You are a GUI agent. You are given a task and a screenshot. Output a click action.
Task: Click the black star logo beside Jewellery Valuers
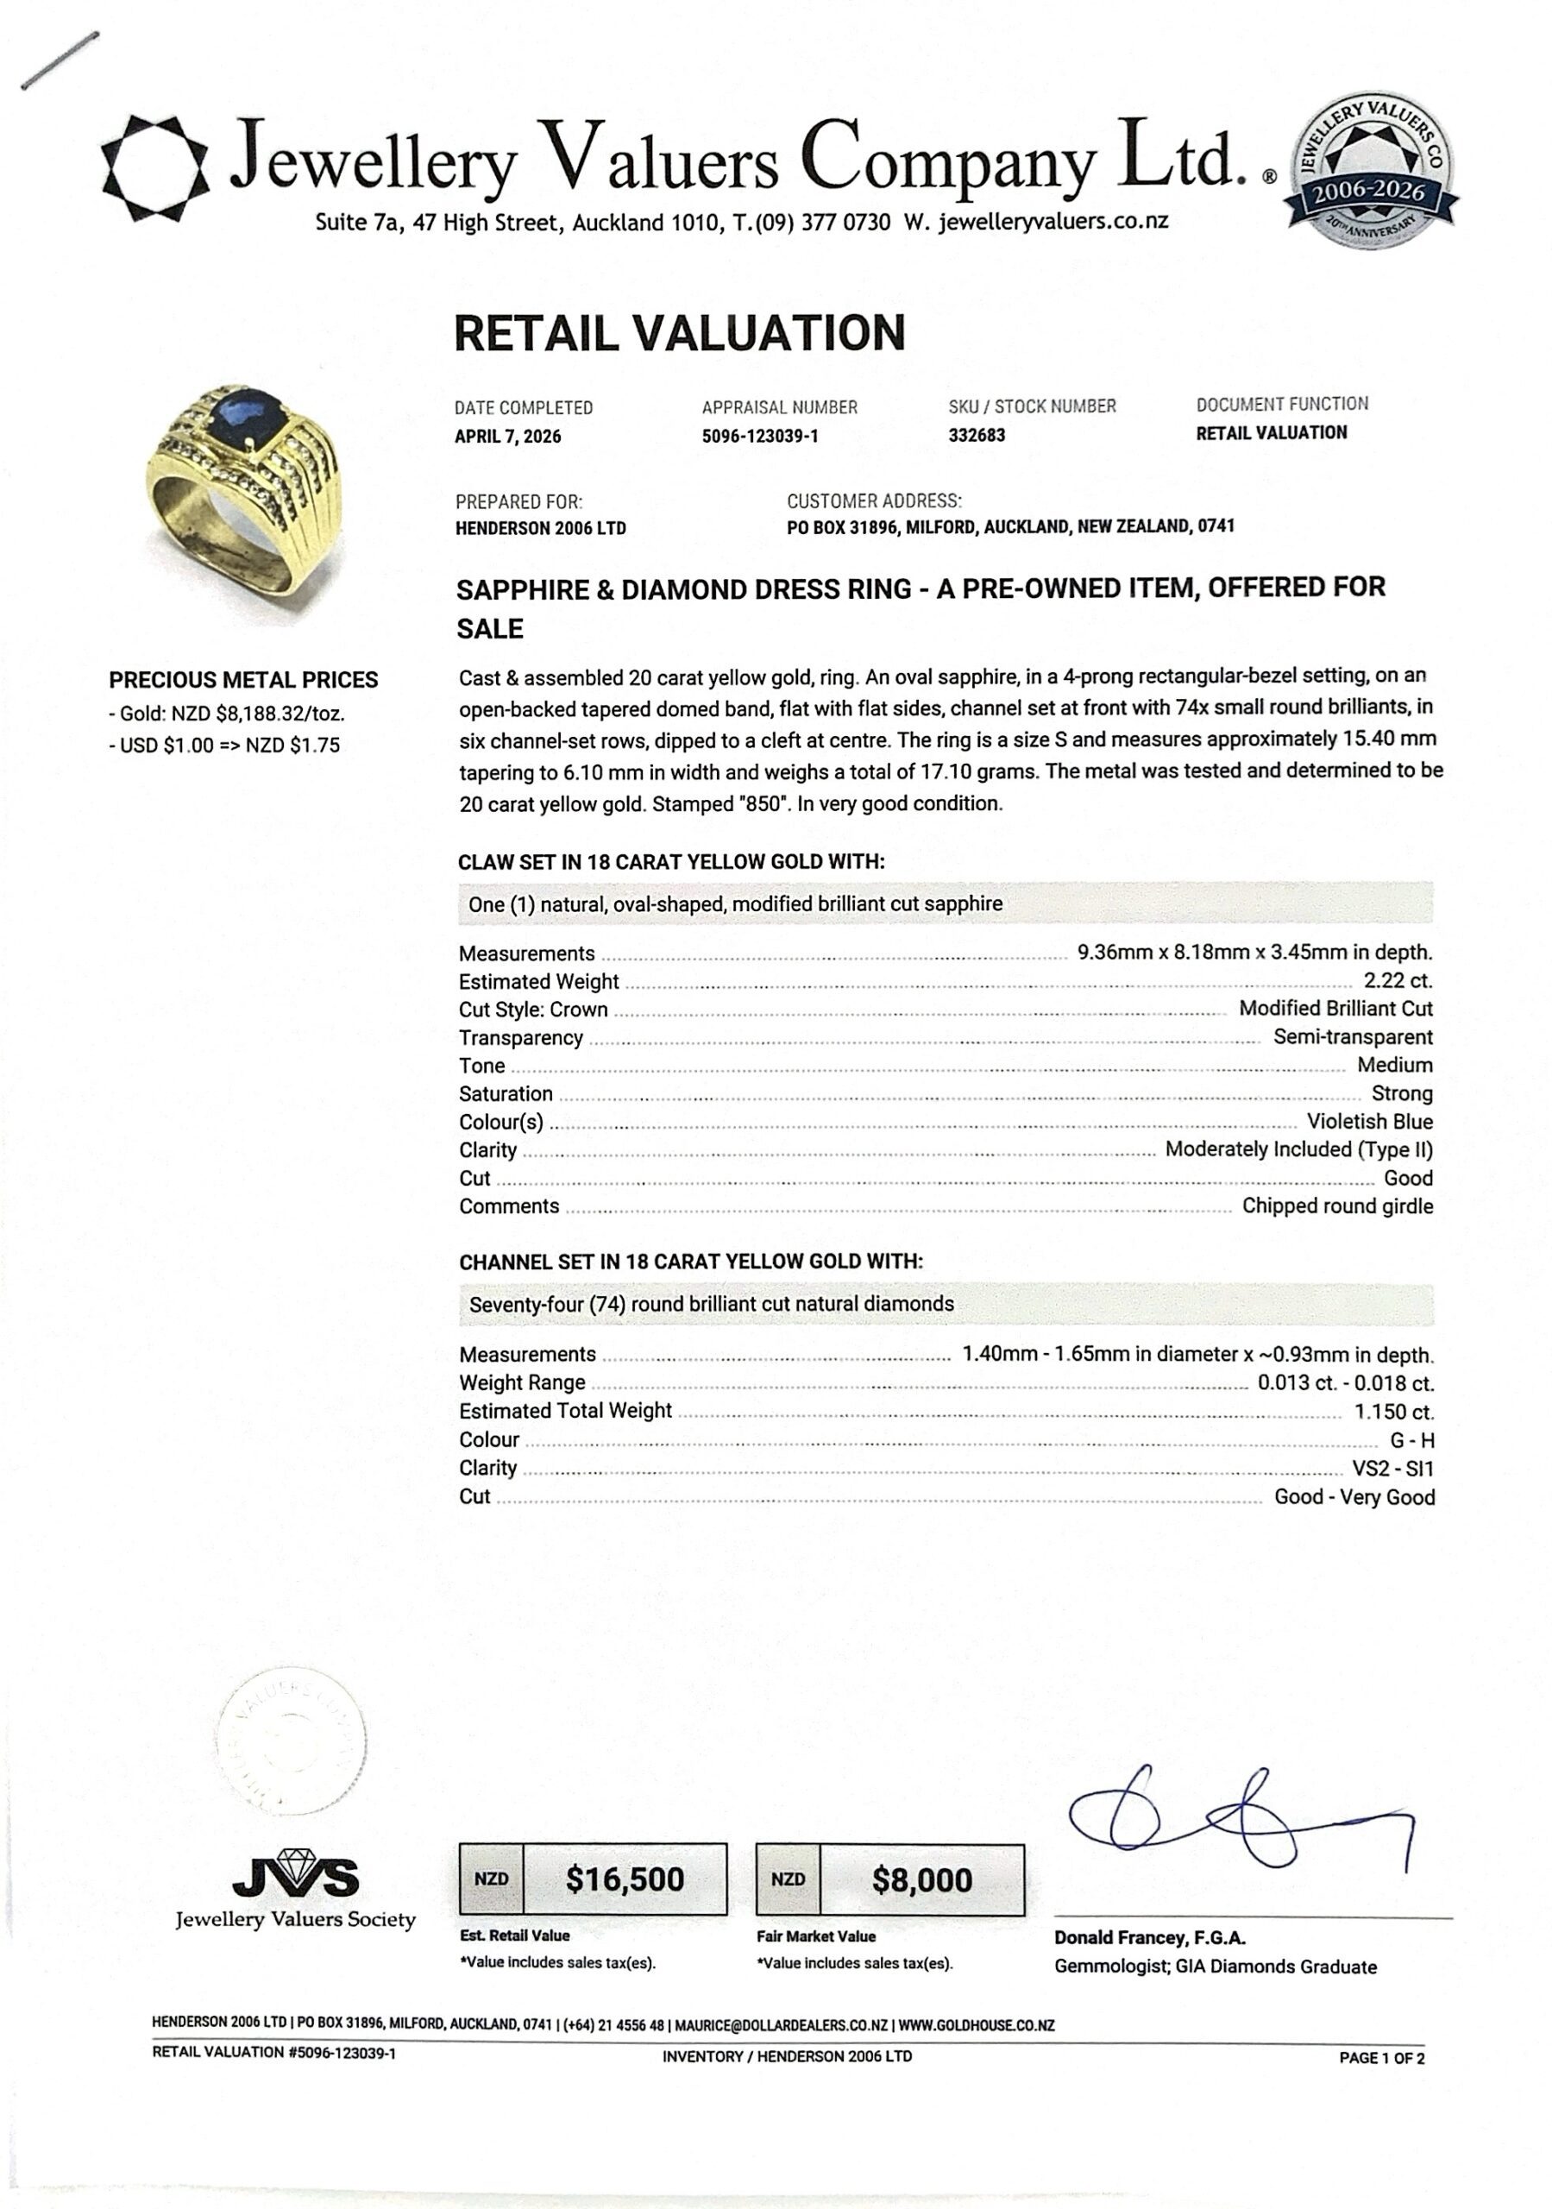click(155, 167)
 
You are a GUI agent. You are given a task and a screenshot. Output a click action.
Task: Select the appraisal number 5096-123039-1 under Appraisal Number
click(759, 436)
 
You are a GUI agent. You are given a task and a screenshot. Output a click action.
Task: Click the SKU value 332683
click(977, 435)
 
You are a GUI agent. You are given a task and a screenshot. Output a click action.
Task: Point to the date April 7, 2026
click(507, 436)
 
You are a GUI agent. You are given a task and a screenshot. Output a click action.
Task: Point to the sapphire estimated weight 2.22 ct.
click(1397, 981)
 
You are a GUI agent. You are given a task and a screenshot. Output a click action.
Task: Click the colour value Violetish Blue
click(1369, 1122)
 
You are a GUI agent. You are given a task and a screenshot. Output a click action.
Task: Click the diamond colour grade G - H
click(1411, 1440)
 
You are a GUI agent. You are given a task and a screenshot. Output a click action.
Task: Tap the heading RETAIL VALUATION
click(679, 333)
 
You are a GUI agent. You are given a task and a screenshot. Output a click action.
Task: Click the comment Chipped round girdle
click(1336, 1206)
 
